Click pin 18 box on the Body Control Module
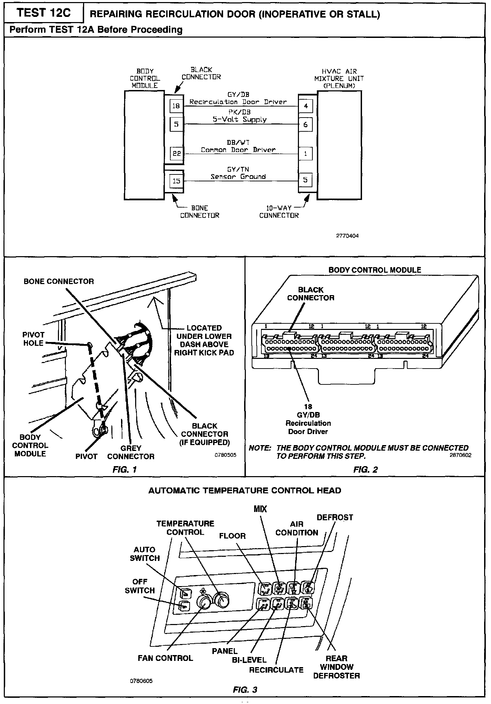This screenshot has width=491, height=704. point(176,105)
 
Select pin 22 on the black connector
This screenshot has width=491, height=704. point(177,153)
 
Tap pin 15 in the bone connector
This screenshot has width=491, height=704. point(176,181)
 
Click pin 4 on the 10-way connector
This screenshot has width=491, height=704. point(305,106)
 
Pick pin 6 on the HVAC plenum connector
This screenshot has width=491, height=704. point(305,124)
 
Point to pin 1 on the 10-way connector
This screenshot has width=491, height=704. point(305,154)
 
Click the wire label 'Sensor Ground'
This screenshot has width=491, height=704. point(238,177)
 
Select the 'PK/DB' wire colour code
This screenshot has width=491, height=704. point(239,112)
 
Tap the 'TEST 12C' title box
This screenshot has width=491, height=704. point(44,13)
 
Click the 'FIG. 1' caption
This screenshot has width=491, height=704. point(125,469)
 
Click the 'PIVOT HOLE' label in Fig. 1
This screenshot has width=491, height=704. point(33,339)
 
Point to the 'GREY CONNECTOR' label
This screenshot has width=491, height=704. point(131,452)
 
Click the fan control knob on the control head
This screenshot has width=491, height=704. point(204,602)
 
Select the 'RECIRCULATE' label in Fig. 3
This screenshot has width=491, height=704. point(276,670)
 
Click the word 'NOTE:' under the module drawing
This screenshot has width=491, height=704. point(260,448)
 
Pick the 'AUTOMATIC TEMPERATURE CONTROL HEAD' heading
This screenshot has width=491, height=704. point(244,490)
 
